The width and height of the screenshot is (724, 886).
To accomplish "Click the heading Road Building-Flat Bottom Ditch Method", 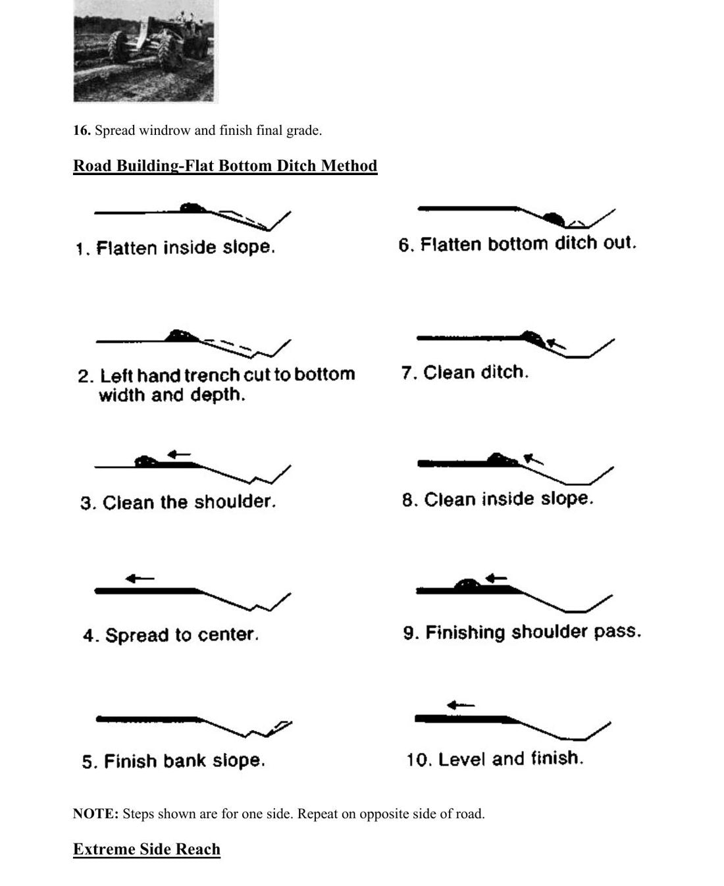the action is coord(225,165).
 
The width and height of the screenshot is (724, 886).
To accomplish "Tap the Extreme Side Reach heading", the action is coord(147,848).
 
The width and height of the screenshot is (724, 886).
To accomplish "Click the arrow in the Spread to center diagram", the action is coord(140,579).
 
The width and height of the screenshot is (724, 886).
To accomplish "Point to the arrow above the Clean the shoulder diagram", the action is coord(179,454).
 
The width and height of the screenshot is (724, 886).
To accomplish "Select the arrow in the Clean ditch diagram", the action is coord(556,344).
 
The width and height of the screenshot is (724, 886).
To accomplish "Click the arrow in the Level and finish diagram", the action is coord(461,704).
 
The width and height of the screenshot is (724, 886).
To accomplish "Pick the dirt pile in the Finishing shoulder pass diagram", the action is coord(467,585).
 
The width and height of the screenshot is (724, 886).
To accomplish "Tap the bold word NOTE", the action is coord(96,814).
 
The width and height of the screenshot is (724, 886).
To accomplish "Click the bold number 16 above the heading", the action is coord(82,130).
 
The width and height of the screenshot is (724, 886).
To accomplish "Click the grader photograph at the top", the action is coord(145,51).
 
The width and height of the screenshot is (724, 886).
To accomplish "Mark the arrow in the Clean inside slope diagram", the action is coord(534,459).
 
